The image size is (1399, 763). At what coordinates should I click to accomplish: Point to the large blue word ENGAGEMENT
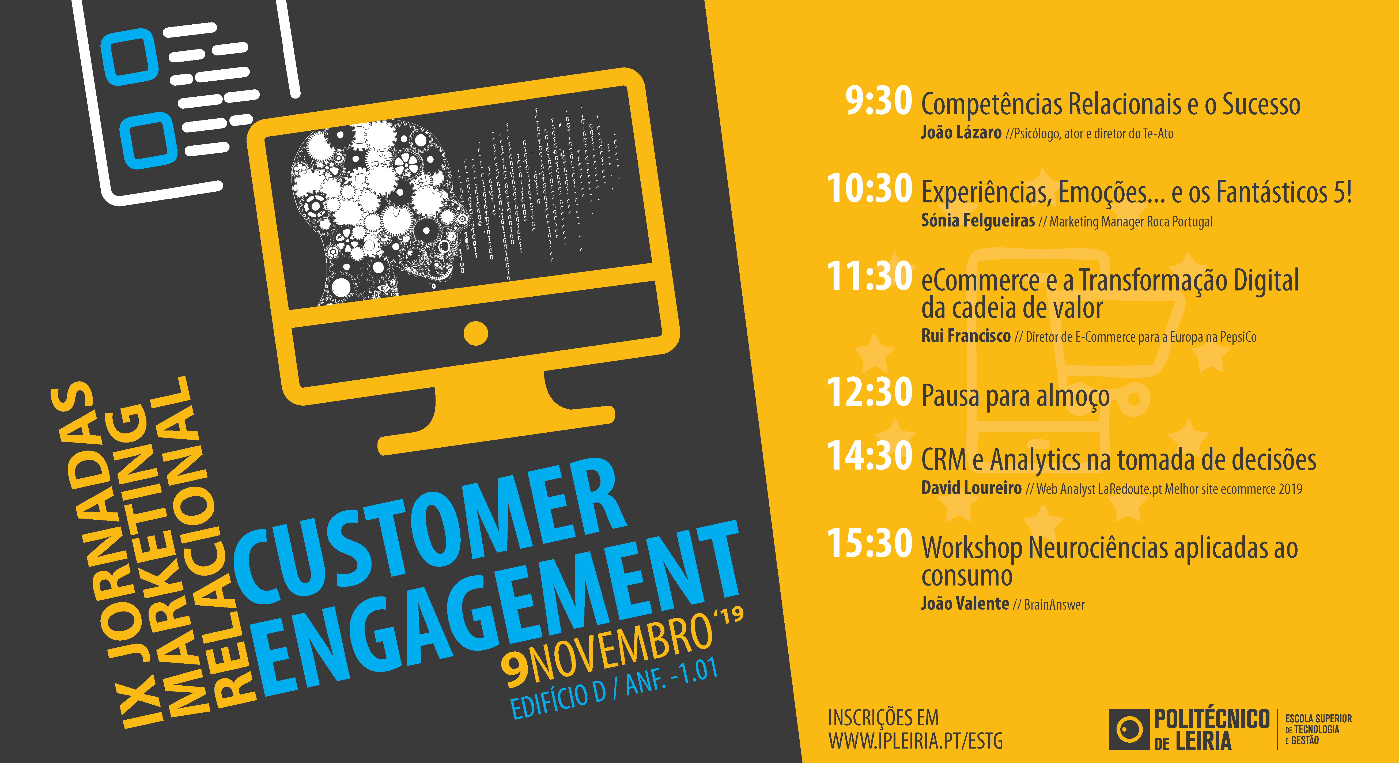[x=497, y=608]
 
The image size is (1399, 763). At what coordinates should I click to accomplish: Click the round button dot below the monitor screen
[x=476, y=333]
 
